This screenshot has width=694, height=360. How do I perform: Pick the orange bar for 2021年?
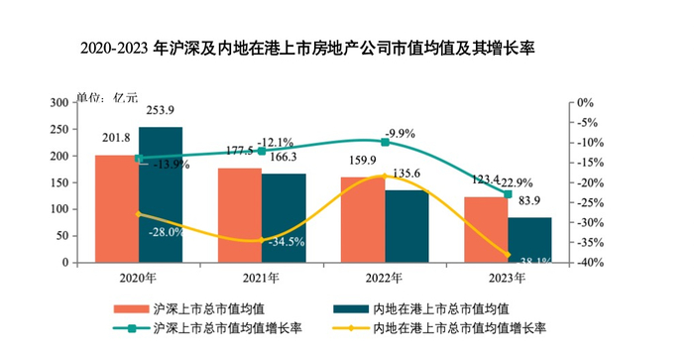[239, 215]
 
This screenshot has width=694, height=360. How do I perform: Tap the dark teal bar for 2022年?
[406, 226]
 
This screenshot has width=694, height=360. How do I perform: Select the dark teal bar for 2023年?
[529, 240]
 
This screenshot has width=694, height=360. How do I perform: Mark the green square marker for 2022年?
[385, 143]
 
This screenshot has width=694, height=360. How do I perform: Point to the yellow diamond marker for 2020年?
[139, 214]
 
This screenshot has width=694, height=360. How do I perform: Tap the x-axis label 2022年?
[384, 278]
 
